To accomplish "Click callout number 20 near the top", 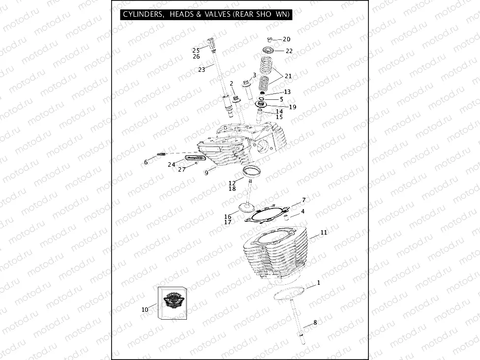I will [x=287, y=39].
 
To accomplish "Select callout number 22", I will [x=289, y=51].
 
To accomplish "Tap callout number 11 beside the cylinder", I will [x=324, y=233].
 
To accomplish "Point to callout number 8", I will [x=315, y=323].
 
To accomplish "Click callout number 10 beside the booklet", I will [x=145, y=310].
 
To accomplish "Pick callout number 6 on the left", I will [x=146, y=162].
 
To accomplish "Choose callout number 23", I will [x=202, y=70].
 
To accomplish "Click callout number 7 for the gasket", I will [x=304, y=200].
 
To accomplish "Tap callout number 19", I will [x=293, y=107].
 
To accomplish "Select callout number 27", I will [x=182, y=169].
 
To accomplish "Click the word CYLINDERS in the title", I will [x=143, y=15].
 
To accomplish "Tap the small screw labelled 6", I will [x=160, y=155].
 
